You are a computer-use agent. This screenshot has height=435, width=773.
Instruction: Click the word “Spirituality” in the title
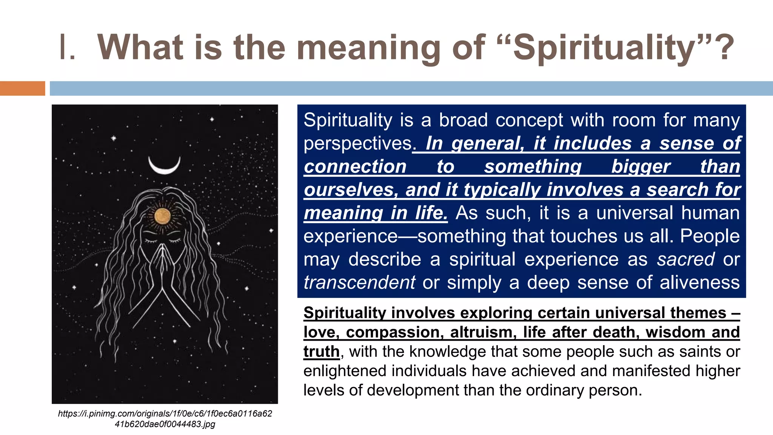[604, 48]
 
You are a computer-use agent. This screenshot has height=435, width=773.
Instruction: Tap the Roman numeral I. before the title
[67, 48]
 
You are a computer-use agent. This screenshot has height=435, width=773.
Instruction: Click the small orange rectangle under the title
[22, 88]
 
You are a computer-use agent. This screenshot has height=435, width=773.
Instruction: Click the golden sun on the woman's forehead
[163, 216]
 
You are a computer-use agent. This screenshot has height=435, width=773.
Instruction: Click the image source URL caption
[165, 419]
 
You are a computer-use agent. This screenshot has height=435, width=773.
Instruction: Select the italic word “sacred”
[686, 259]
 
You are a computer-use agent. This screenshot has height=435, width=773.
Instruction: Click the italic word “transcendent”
[359, 282]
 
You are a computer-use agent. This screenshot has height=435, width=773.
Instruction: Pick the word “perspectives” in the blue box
[357, 143]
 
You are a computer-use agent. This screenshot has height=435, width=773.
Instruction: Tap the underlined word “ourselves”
[349, 190]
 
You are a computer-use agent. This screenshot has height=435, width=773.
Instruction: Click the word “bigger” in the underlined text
[641, 167]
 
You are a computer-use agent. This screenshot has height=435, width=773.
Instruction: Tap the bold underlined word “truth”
[321, 352]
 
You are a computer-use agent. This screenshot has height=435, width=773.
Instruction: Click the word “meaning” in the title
[368, 48]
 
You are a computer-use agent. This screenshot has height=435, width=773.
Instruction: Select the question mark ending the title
[726, 48]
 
